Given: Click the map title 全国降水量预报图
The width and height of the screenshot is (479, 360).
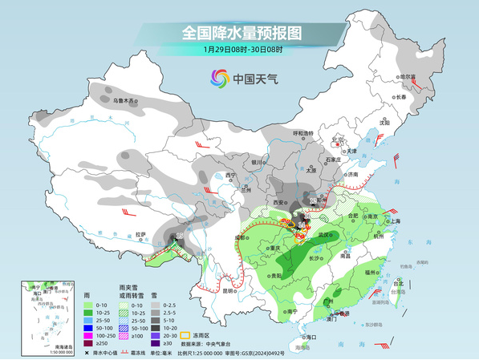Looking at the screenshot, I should pos(242,33).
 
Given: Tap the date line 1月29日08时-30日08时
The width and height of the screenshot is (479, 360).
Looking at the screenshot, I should pos(242,50).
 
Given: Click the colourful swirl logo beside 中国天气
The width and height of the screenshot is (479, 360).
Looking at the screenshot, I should pos(219,78).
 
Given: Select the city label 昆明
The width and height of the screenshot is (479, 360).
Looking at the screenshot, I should pos(229,291).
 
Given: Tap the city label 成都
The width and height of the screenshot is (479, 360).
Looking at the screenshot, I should pos(240,237).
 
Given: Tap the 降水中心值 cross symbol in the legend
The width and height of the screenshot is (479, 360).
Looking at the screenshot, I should pos(87,353).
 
